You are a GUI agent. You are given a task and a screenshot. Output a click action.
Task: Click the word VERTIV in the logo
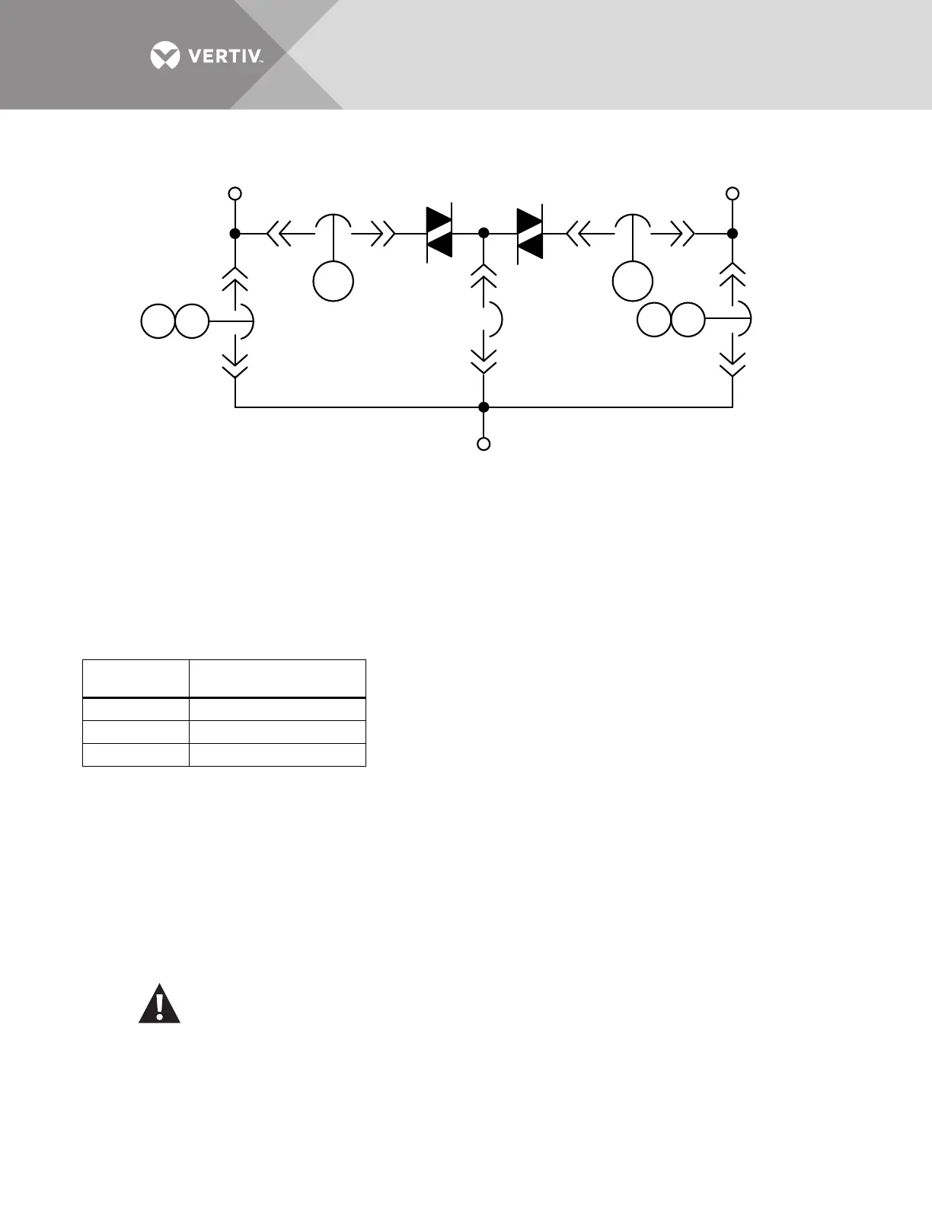click(x=225, y=56)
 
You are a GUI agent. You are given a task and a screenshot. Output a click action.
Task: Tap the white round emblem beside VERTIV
click(x=165, y=56)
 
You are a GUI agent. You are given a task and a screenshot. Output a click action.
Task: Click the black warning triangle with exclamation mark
click(x=159, y=1004)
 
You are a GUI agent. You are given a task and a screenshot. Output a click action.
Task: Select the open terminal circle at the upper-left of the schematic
click(x=235, y=193)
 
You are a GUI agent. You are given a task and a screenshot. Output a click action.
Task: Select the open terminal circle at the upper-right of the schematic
click(x=733, y=193)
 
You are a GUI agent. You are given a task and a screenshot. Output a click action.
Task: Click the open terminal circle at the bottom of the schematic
click(x=484, y=444)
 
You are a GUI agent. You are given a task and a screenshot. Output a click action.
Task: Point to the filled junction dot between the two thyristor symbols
click(x=484, y=233)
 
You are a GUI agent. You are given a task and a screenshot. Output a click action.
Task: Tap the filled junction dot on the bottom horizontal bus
click(x=484, y=407)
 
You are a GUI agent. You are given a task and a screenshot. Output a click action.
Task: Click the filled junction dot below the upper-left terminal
click(x=235, y=234)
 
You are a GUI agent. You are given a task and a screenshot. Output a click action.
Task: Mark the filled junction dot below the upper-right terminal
click(x=733, y=234)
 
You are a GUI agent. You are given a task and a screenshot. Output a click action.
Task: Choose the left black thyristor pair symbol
click(x=439, y=233)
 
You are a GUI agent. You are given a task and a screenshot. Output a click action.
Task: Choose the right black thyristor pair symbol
click(x=530, y=233)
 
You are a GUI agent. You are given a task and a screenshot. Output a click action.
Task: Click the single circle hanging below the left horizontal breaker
click(x=334, y=282)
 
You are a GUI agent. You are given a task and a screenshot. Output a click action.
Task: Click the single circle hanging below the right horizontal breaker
click(x=633, y=282)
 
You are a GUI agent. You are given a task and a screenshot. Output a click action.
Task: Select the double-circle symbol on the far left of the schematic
click(x=175, y=321)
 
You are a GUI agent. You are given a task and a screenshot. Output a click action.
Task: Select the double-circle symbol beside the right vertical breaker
click(x=671, y=319)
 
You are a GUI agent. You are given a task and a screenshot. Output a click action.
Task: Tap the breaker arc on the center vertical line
click(x=496, y=320)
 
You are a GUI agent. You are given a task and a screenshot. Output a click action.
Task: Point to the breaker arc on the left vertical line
click(x=248, y=321)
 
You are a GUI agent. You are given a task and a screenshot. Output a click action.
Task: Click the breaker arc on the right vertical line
click(x=746, y=319)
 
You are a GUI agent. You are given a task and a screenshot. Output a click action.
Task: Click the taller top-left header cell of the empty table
click(x=136, y=678)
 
